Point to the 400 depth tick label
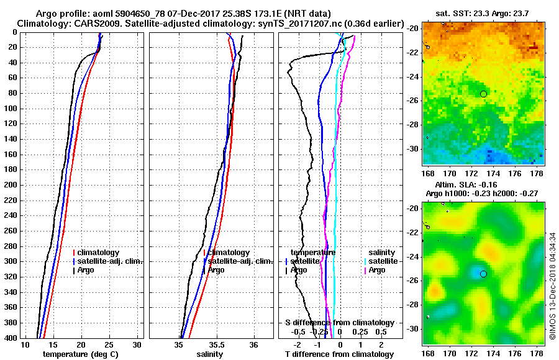[x=11, y=338]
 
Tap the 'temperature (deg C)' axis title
[x=80, y=354]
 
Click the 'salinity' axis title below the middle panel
[x=209, y=354]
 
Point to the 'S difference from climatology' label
[x=339, y=323]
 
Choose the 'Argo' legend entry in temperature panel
[x=86, y=270]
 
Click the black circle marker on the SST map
[x=484, y=94]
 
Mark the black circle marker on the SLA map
[x=483, y=274]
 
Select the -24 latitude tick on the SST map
[x=414, y=77]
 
